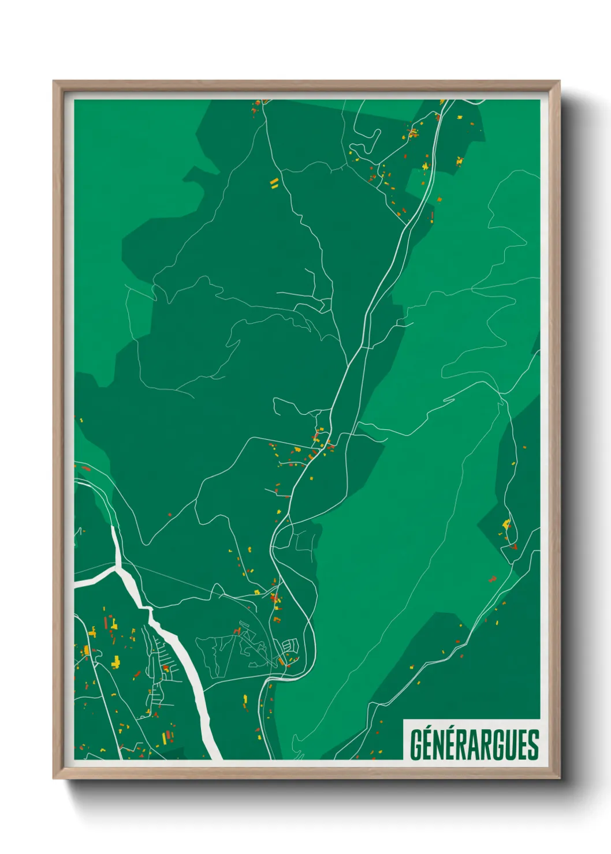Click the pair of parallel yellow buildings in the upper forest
[274, 183]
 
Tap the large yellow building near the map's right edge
[506, 525]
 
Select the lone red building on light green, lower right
[493, 578]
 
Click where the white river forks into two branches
[120, 568]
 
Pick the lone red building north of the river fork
[170, 514]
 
